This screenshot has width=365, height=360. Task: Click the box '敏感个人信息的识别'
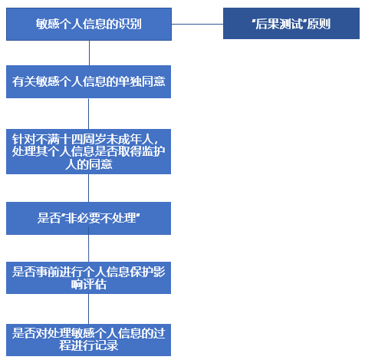[x=89, y=24]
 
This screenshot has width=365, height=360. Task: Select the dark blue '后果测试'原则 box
[x=291, y=24]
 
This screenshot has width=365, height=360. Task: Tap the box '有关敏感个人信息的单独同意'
[x=88, y=81]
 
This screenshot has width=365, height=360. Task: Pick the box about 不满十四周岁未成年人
[x=88, y=152]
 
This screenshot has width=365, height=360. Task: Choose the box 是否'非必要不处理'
[x=88, y=218]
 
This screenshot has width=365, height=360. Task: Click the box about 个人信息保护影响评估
[x=88, y=278]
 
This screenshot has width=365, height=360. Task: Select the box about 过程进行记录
[x=88, y=340]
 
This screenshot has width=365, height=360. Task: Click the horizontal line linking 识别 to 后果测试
[x=197, y=24]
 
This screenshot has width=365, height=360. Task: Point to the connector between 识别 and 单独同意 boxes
[x=89, y=53]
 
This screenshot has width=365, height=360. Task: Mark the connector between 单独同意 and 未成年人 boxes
[x=89, y=114]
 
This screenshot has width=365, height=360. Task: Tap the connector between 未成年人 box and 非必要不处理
[x=89, y=188]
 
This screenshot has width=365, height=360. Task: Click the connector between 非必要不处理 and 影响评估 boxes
[x=89, y=248]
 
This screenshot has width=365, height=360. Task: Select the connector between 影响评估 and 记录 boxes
[x=89, y=309]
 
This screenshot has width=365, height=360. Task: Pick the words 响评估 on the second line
[x=88, y=284]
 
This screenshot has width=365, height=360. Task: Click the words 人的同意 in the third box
[x=88, y=164]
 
